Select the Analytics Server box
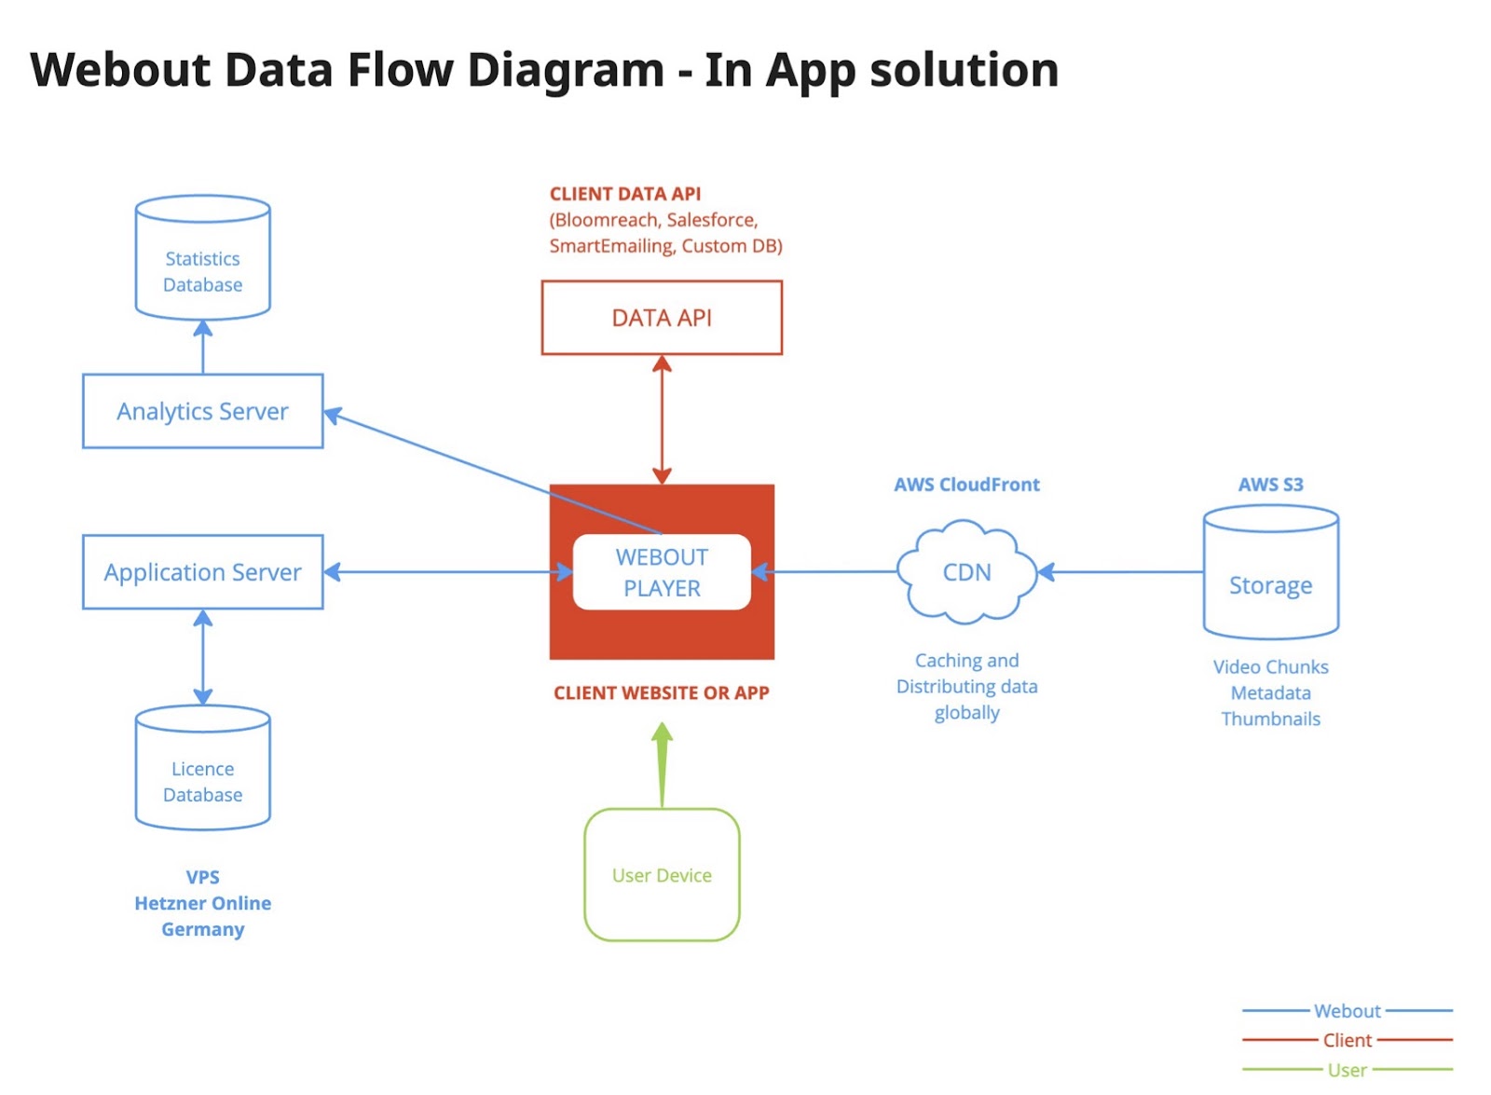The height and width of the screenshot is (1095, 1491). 202,411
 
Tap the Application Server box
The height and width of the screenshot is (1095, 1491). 202,572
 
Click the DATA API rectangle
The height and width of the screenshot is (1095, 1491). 662,318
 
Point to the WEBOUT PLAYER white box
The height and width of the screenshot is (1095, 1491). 662,572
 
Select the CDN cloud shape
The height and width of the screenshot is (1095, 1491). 966,572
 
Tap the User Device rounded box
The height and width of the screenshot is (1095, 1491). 662,875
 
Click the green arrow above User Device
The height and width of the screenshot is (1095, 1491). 662,764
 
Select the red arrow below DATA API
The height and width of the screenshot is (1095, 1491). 662,419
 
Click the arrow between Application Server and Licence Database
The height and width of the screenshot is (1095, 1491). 202,657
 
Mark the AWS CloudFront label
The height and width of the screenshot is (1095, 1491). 966,485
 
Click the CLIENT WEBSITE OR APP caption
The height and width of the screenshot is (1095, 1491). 662,693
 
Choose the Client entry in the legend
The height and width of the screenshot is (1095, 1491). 1347,1040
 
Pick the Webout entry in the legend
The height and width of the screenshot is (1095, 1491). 1347,1011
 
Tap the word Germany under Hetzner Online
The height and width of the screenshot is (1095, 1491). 202,929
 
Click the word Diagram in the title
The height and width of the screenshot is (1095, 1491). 566,71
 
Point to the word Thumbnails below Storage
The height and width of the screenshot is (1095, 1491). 1270,719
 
